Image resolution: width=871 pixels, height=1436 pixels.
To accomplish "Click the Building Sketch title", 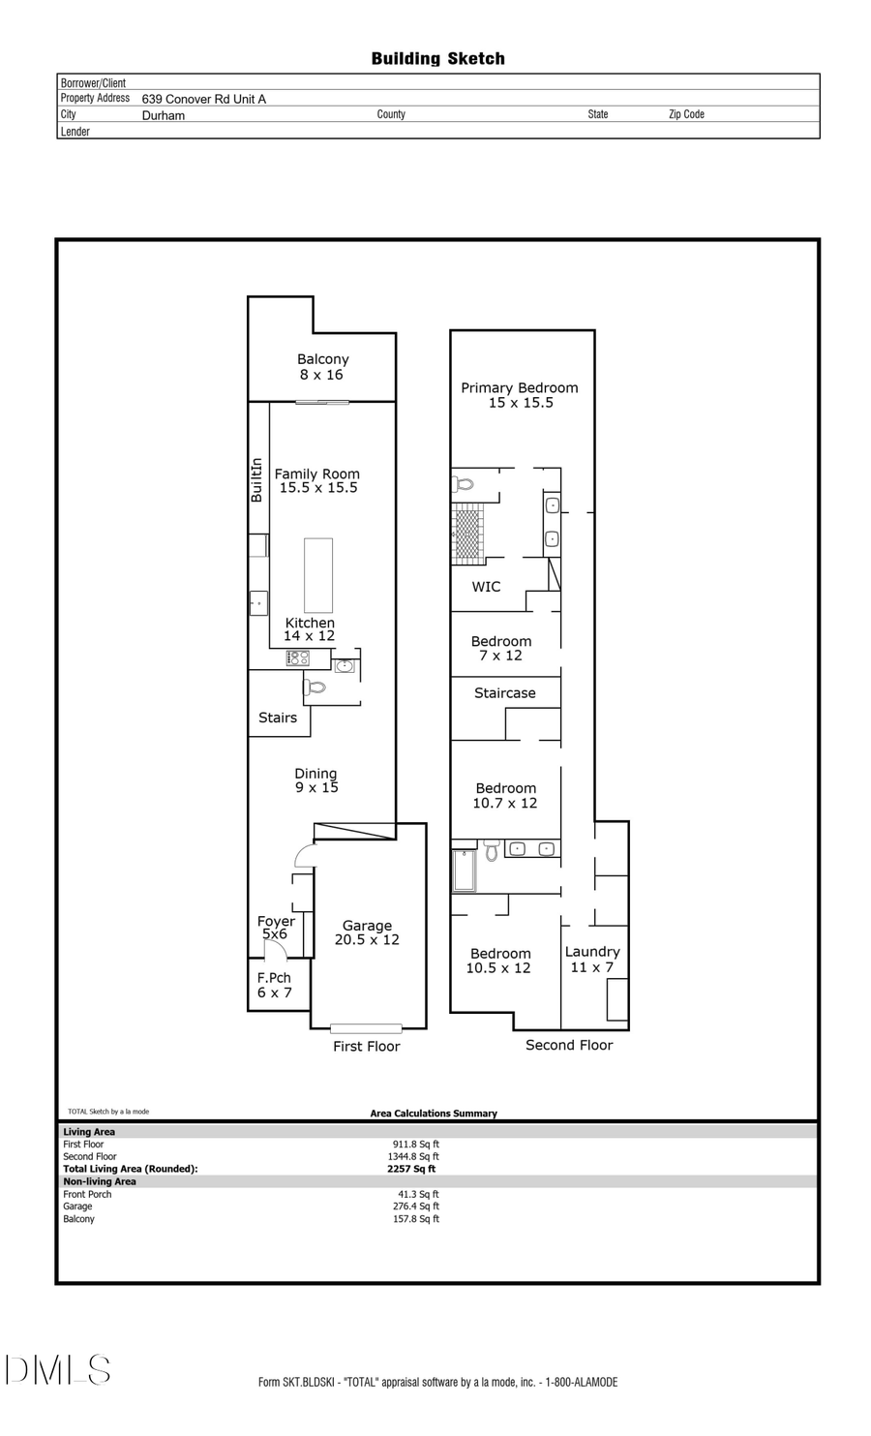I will (x=437, y=59).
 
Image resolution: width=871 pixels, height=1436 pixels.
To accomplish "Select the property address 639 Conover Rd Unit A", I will (x=203, y=99).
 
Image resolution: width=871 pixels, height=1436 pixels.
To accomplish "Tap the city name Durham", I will (x=163, y=115).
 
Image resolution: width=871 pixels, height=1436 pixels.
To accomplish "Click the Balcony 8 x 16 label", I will (x=322, y=367).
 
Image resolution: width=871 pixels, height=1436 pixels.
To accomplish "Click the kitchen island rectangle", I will (x=318, y=574).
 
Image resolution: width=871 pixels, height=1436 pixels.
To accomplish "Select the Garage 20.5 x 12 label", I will (x=367, y=932).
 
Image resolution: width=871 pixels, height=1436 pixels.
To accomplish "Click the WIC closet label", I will (x=486, y=587).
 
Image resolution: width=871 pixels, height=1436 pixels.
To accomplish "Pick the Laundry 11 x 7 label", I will (x=592, y=960).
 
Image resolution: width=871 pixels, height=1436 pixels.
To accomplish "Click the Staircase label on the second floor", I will (x=504, y=693).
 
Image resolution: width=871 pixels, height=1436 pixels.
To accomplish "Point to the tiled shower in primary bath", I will (x=467, y=533).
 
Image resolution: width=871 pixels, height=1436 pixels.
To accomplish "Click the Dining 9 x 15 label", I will (x=316, y=780).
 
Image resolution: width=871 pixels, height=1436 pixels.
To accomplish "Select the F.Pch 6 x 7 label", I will (x=274, y=985).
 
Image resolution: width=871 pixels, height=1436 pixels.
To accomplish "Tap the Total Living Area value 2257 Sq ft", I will (x=411, y=1169).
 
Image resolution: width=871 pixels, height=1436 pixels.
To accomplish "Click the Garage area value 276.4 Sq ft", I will (x=416, y=1207).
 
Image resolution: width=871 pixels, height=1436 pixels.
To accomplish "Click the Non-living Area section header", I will (x=100, y=1181).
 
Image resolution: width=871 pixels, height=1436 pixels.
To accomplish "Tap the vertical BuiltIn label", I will (x=257, y=480).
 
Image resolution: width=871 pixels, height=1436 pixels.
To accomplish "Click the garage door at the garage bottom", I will (x=366, y=1028).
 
